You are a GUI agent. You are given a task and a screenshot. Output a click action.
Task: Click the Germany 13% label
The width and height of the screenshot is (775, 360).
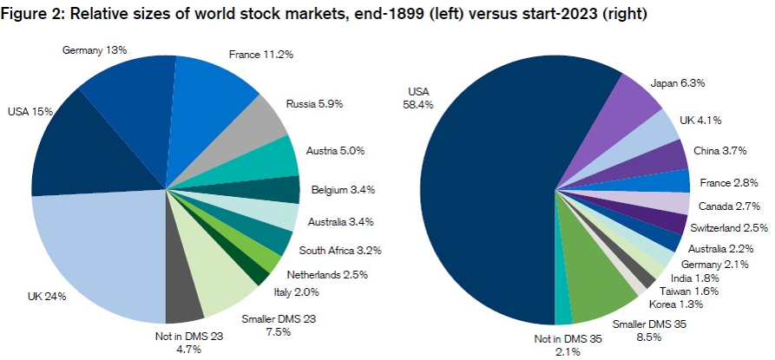pos(95,50)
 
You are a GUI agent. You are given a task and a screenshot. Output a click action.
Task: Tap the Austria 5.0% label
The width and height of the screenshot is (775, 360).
pos(334,151)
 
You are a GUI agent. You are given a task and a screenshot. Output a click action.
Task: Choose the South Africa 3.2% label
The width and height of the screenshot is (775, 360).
pos(339,250)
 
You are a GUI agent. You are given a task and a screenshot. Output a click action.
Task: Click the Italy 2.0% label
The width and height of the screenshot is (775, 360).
pos(291,293)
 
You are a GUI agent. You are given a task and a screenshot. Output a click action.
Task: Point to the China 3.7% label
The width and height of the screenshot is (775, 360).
pos(724,153)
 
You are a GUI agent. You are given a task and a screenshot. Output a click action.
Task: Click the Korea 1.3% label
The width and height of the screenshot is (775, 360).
pos(671,303)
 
